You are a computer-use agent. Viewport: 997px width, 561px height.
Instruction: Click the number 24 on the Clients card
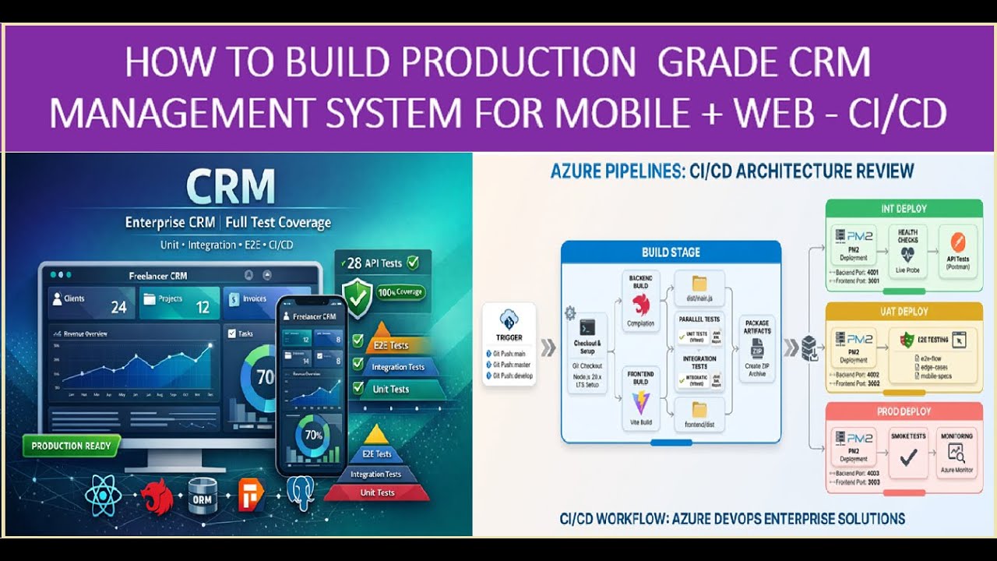click(118, 307)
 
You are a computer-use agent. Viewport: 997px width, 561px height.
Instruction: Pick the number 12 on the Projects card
click(203, 307)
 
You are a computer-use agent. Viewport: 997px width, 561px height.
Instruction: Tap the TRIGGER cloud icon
click(509, 319)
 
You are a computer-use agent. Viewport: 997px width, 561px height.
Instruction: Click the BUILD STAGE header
click(671, 252)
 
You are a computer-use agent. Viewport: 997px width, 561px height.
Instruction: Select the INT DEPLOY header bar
click(904, 209)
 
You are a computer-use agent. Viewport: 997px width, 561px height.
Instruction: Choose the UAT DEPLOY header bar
click(904, 312)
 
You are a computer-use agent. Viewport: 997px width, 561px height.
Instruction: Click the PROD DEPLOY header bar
click(904, 411)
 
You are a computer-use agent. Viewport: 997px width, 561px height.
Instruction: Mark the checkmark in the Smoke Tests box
click(908, 457)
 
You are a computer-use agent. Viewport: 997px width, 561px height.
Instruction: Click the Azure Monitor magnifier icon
click(956, 454)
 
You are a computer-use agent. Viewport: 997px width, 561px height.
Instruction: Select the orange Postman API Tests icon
click(956, 239)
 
